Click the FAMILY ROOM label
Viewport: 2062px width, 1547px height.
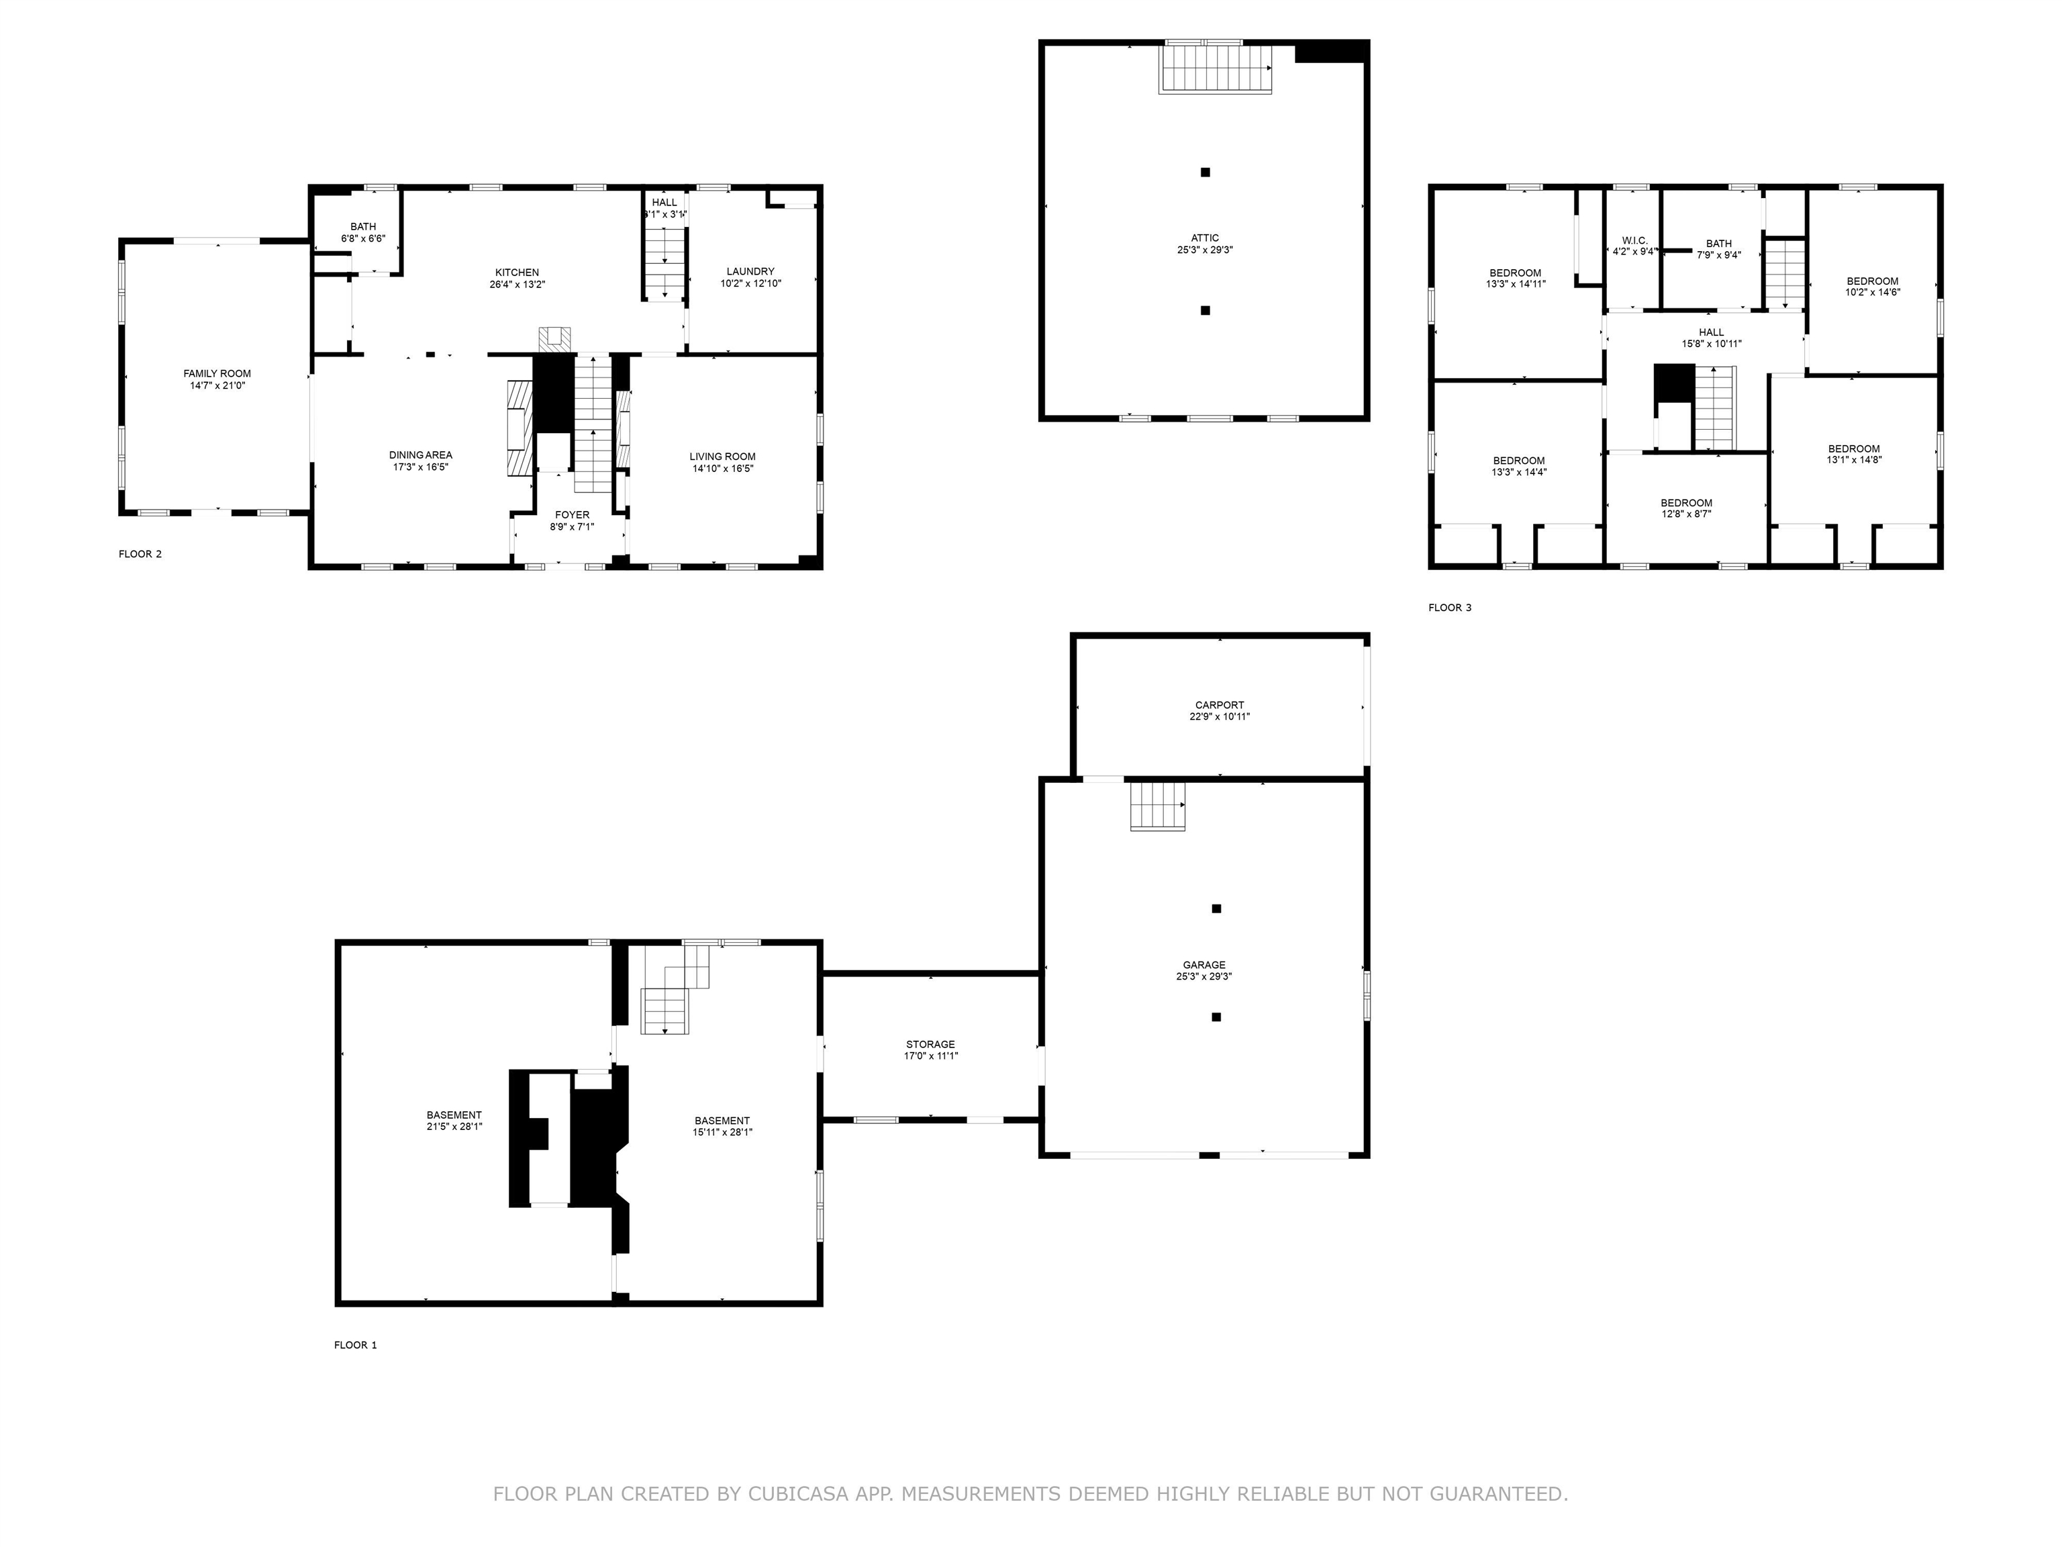pos(217,374)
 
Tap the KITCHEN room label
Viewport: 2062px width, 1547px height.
pos(516,273)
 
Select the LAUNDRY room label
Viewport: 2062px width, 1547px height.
pos(750,271)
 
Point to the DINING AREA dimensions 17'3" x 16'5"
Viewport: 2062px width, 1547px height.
pos(420,467)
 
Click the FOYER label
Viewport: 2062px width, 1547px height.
pos(573,515)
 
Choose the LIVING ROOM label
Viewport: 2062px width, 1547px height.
pos(722,457)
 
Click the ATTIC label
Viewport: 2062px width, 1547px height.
pos(1204,238)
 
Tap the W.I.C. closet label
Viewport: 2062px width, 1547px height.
pos(1635,240)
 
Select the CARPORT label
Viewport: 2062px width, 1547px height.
pos(1220,705)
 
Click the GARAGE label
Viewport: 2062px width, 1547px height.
pos(1204,965)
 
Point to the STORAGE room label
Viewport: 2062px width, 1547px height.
pos(930,1044)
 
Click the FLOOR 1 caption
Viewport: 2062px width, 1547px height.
pos(355,1345)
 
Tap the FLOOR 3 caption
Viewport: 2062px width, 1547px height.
pos(1450,608)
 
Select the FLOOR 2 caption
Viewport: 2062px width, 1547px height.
pos(140,554)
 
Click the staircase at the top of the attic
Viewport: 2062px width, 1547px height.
pos(1216,67)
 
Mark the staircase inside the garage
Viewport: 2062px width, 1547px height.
pos(1158,806)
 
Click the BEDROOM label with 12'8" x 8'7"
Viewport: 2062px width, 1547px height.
pos(1685,503)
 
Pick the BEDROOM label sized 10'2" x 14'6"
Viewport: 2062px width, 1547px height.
pos(1872,281)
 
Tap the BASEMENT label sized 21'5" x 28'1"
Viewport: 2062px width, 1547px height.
pos(454,1115)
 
